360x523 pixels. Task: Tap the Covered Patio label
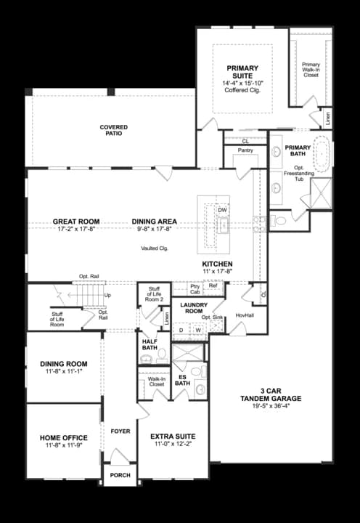114,131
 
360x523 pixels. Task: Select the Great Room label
76,222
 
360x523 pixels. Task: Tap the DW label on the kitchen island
222,211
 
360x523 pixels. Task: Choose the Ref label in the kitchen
213,285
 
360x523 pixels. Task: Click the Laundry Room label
195,307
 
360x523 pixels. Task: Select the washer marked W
197,329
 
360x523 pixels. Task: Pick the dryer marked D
181,329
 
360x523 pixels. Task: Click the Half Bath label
150,344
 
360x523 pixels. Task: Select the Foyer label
120,431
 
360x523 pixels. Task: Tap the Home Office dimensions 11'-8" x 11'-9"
64,446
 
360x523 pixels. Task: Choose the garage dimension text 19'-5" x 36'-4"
271,406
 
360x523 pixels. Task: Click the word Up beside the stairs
108,296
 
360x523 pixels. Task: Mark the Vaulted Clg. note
155,248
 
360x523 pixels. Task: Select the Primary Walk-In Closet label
311,69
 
